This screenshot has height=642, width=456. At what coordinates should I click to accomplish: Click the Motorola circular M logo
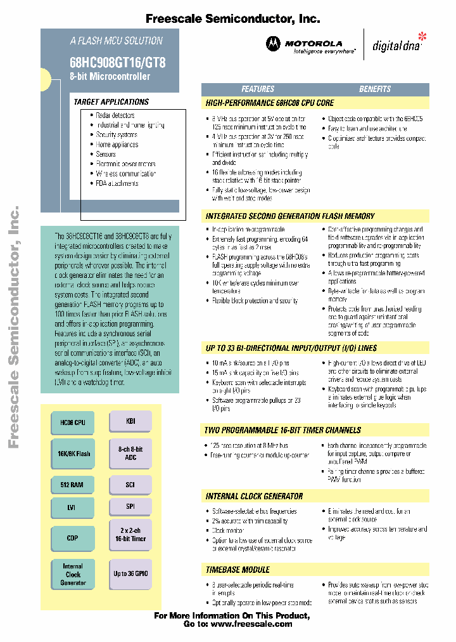point(272,44)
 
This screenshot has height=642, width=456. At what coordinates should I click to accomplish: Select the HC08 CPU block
point(72,422)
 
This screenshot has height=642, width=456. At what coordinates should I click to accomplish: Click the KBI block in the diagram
point(130,421)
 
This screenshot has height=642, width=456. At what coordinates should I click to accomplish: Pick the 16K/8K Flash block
point(72,454)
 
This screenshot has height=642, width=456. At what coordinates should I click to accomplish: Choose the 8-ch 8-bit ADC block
point(130,453)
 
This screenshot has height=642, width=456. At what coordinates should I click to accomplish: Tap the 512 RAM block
point(72,485)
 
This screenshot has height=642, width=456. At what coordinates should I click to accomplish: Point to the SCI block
point(130,484)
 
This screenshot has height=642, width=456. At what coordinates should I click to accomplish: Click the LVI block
point(72,507)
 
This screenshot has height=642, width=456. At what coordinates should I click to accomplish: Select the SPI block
point(130,507)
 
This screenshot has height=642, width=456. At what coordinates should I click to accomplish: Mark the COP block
point(72,538)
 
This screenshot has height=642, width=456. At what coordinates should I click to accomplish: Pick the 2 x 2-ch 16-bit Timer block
point(130,534)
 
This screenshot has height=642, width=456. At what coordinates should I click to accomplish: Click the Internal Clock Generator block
point(72,574)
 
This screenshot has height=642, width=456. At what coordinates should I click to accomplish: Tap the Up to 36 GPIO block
point(130,573)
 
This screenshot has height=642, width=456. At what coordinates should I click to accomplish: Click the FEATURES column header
point(258,89)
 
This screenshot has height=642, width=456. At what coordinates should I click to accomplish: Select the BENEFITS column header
point(375,89)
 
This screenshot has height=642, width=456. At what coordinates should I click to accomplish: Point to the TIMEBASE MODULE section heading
point(237,570)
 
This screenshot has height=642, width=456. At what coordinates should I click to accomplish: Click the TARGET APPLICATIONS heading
point(111,102)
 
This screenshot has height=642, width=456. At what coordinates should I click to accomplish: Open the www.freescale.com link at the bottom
point(251,624)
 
